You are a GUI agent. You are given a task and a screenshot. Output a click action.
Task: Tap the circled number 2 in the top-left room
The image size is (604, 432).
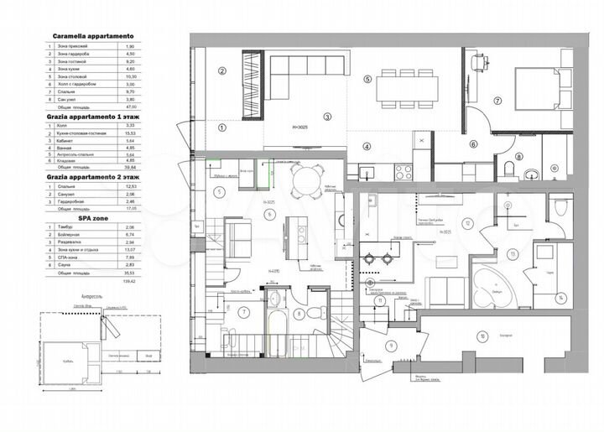tap(223, 70)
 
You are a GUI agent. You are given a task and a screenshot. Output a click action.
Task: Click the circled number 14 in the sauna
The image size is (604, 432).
tap(562, 297)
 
